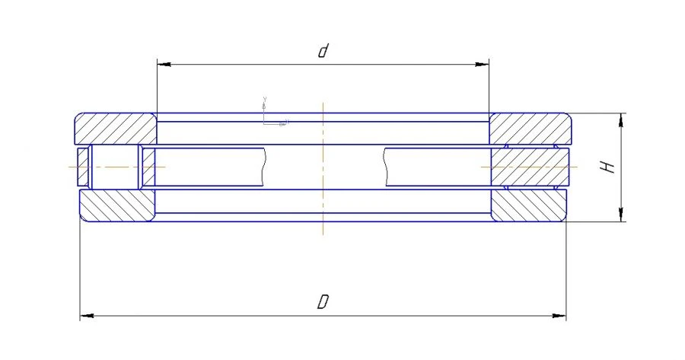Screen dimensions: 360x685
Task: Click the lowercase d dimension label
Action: click(323, 52)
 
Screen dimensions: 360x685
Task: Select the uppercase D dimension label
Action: click(323, 302)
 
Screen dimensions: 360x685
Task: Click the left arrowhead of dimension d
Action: click(162, 65)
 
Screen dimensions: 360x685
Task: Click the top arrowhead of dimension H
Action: click(623, 119)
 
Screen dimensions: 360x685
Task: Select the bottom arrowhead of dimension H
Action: click(623, 216)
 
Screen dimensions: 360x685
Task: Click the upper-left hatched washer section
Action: click(115, 129)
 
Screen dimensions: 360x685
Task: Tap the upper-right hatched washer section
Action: click(530, 129)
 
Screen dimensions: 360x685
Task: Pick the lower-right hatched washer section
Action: click(528, 205)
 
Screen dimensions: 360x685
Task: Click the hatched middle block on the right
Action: click(530, 167)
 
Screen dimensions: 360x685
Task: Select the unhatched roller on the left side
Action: click(114, 167)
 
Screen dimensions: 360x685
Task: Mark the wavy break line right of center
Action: click(385, 167)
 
